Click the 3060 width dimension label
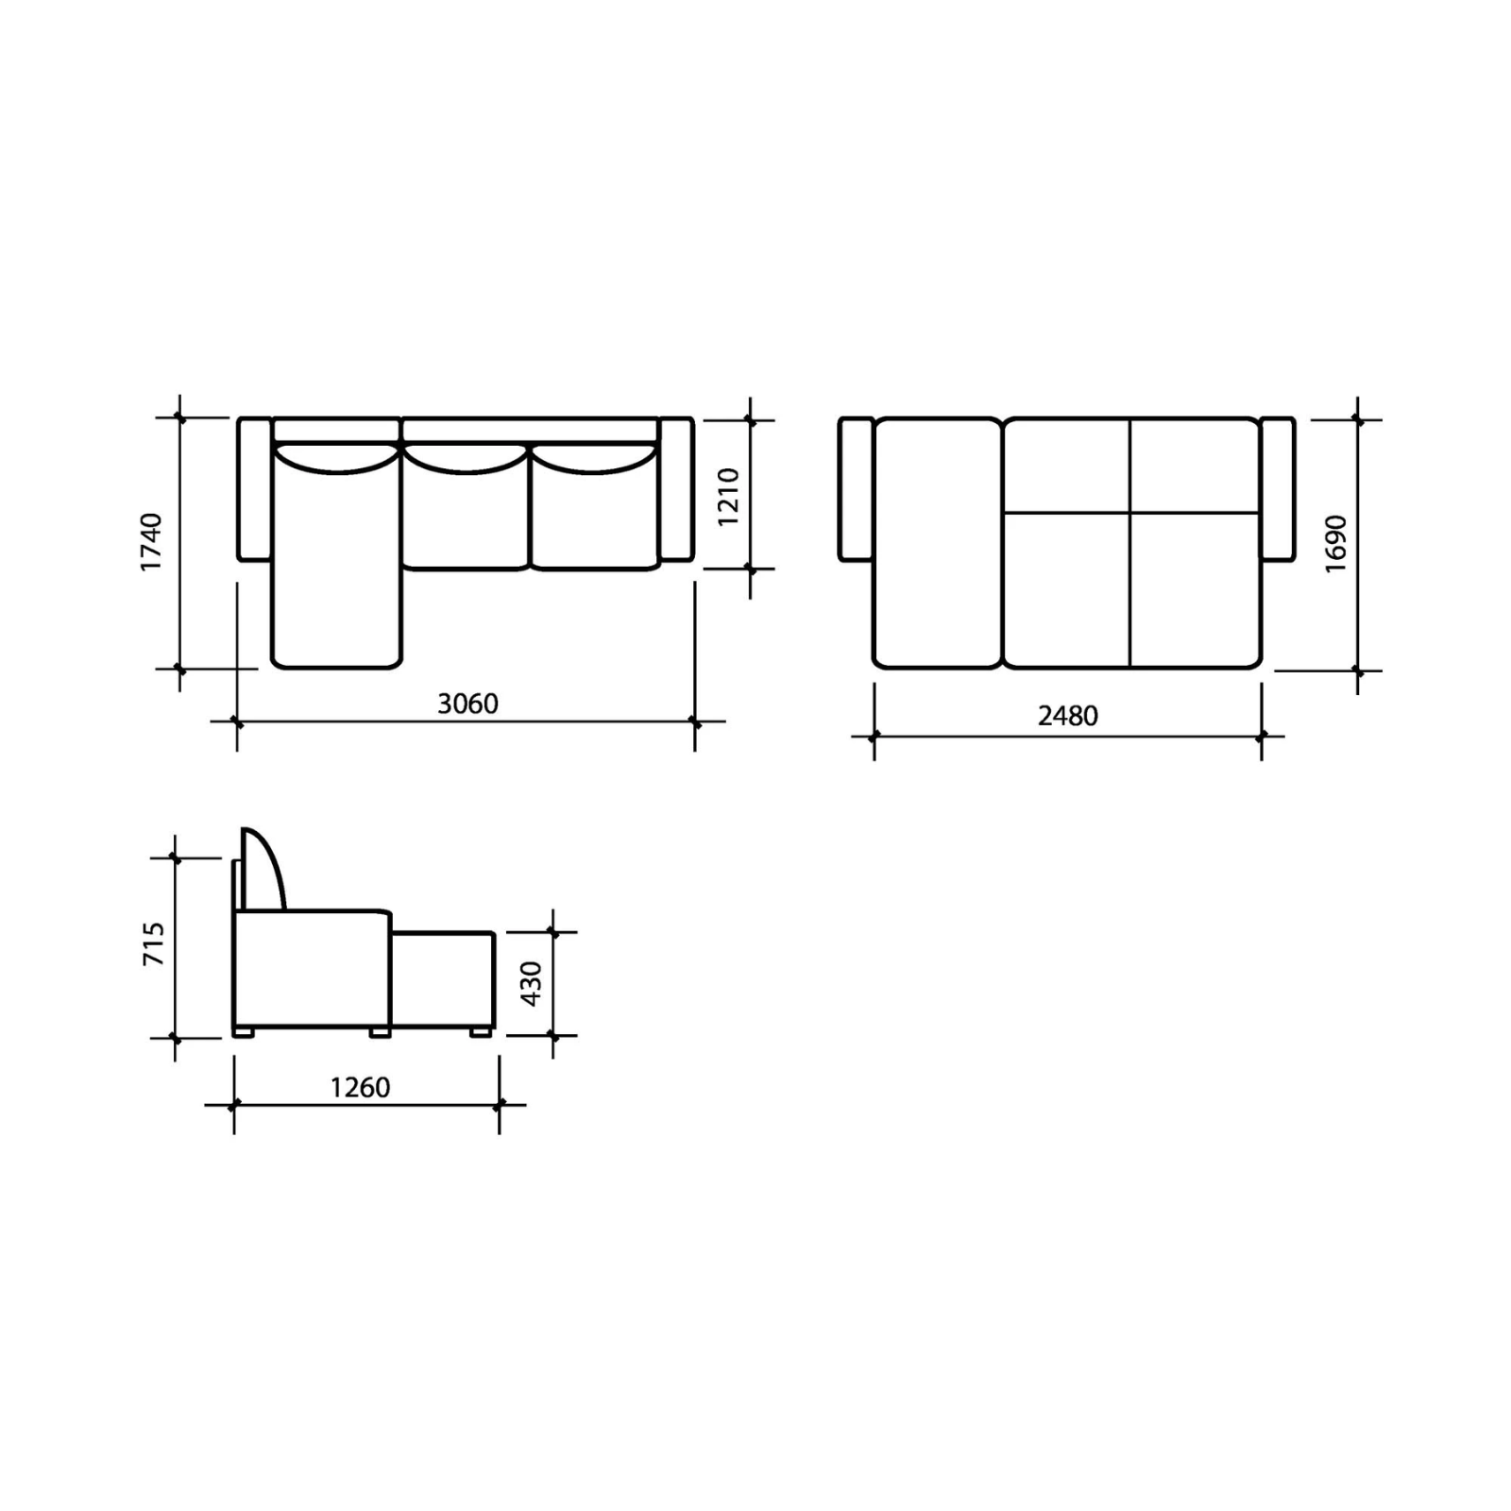(x=467, y=704)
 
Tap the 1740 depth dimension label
(x=152, y=542)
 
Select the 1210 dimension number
(x=728, y=497)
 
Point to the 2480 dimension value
(x=1068, y=716)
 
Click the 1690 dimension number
(x=1335, y=544)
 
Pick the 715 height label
(x=154, y=943)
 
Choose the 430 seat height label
(x=531, y=983)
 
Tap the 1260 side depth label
(x=360, y=1088)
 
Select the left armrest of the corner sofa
(x=254, y=489)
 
